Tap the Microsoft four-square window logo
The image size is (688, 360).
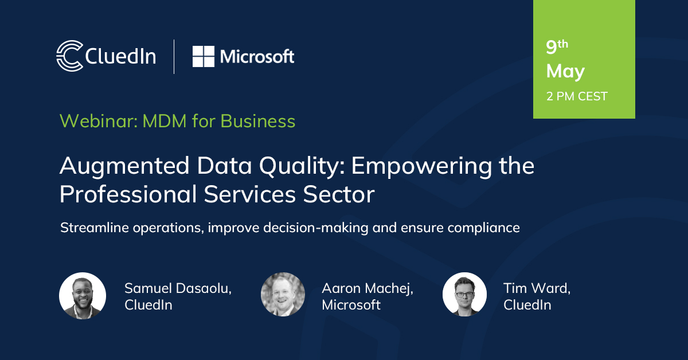[204, 57]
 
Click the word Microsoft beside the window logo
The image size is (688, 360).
[257, 57]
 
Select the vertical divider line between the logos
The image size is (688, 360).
[174, 57]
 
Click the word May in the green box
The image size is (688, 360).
[565, 72]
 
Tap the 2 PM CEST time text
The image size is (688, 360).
[577, 96]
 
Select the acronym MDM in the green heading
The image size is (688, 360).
[165, 121]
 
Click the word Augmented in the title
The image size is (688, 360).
[124, 166]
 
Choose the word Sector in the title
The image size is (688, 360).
[338, 194]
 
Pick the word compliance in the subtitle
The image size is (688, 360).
[483, 228]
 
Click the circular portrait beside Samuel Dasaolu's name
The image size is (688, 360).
[83, 295]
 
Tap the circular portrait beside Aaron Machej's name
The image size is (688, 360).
[283, 294]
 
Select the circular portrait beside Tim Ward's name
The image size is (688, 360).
[464, 294]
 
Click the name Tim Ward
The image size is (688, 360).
[536, 288]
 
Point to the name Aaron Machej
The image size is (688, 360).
[367, 289]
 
